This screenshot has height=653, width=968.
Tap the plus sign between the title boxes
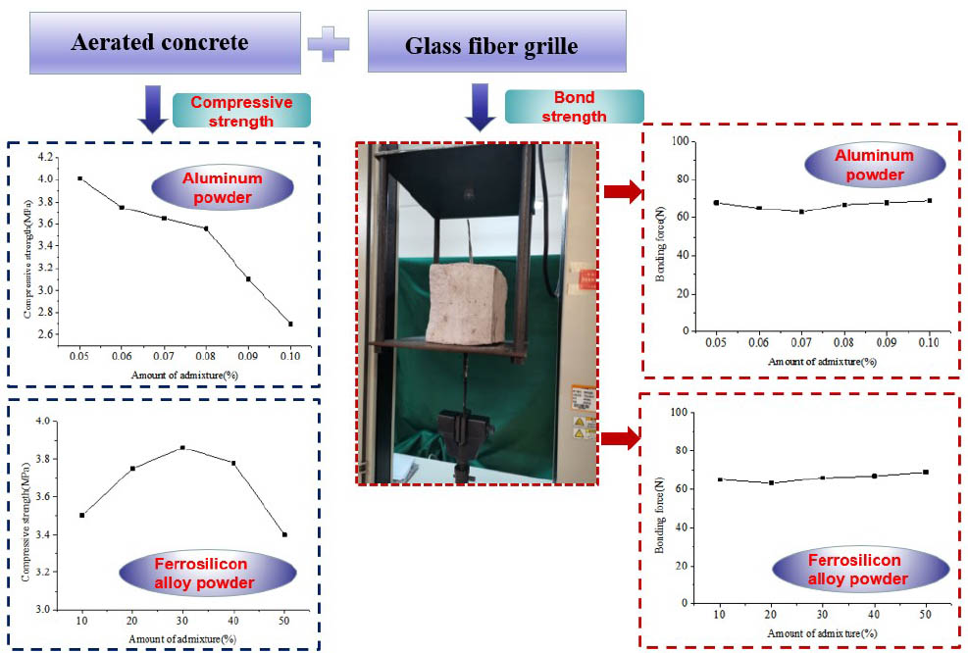(x=329, y=43)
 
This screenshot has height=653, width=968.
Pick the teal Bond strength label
(x=573, y=107)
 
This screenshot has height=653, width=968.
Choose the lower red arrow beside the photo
(x=620, y=437)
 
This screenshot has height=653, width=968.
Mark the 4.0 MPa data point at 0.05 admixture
(x=79, y=178)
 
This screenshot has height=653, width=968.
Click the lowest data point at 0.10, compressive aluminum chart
(x=290, y=324)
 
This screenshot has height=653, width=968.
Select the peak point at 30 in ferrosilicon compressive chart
(x=182, y=448)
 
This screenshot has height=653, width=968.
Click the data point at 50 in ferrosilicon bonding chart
(x=925, y=472)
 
